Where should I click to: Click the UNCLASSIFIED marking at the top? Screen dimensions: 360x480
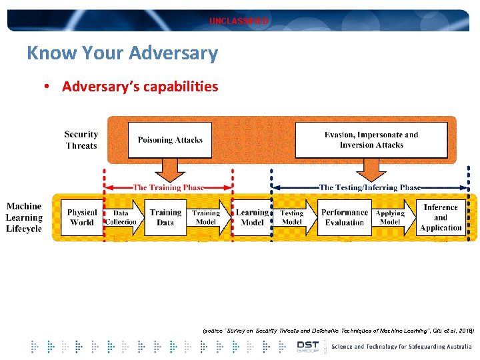(x=239, y=21)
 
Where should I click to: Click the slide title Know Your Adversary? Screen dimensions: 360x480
(x=122, y=53)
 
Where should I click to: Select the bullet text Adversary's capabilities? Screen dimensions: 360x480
(x=140, y=87)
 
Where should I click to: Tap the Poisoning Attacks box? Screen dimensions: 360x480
(x=170, y=140)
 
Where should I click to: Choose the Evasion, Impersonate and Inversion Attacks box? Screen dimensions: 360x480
(x=371, y=140)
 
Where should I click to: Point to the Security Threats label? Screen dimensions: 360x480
(x=81, y=140)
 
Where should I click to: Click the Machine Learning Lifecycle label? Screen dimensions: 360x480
(x=24, y=217)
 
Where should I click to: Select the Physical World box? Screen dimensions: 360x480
(x=82, y=217)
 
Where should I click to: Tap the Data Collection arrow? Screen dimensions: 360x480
(x=121, y=217)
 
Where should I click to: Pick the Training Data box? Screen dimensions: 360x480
(x=165, y=217)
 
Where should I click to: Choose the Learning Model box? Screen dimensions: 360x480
(x=252, y=217)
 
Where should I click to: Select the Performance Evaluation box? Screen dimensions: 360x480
(x=345, y=217)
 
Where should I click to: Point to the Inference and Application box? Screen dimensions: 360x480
(x=441, y=217)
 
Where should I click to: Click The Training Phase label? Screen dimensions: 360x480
(x=168, y=188)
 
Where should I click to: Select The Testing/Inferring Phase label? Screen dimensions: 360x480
(x=370, y=188)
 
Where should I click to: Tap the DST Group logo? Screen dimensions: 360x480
(x=308, y=347)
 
